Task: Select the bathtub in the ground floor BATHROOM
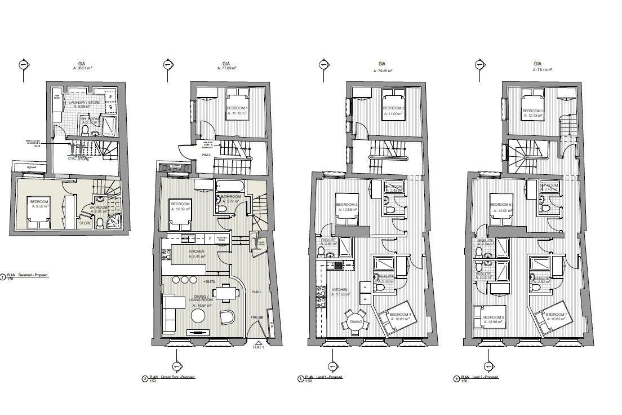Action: click(x=228, y=186)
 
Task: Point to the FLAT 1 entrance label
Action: click(x=258, y=348)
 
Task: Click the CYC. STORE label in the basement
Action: click(x=79, y=158)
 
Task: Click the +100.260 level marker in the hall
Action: click(x=257, y=317)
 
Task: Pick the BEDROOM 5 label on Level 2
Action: click(x=534, y=111)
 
